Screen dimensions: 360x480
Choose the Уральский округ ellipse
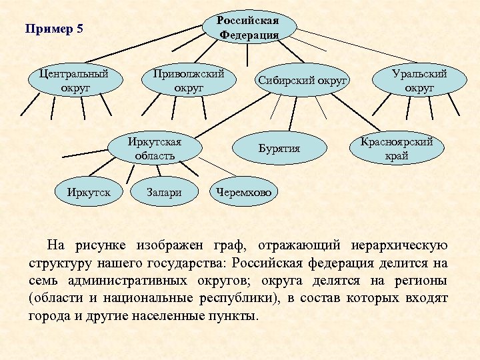(419, 81)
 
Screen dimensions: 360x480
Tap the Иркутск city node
(89, 193)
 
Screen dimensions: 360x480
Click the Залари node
(165, 193)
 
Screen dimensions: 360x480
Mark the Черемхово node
(245, 193)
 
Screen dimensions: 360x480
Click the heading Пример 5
(53, 29)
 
